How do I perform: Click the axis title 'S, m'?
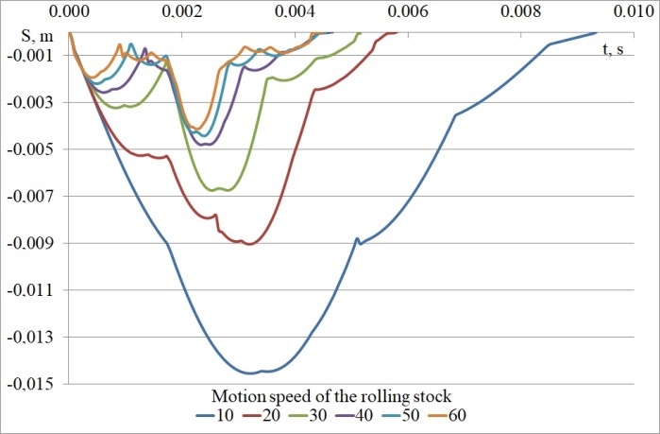point(37,36)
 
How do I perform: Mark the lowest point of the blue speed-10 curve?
point(253,373)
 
